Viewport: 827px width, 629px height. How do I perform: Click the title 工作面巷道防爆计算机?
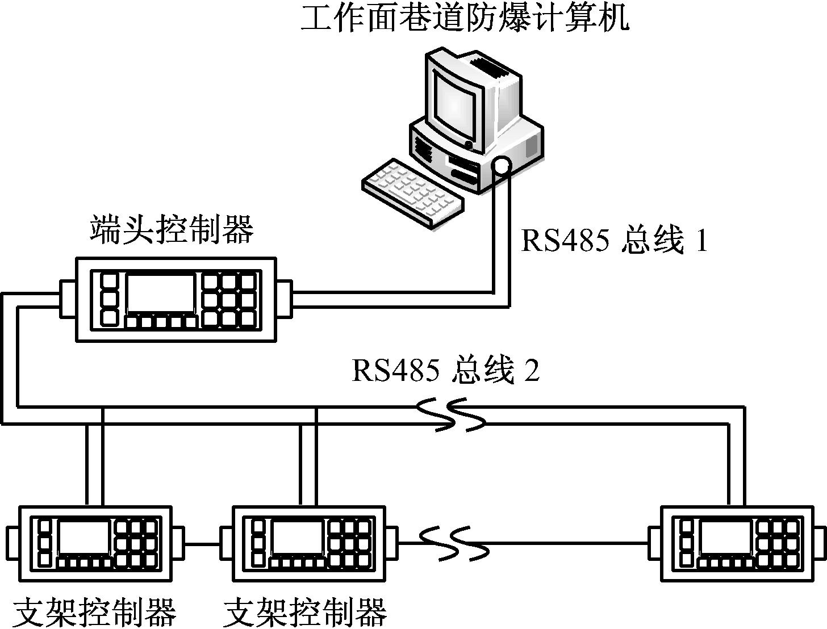pos(465,18)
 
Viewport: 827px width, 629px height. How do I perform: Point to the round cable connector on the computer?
pos(502,166)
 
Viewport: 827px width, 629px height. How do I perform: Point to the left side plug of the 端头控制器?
pos(68,299)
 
